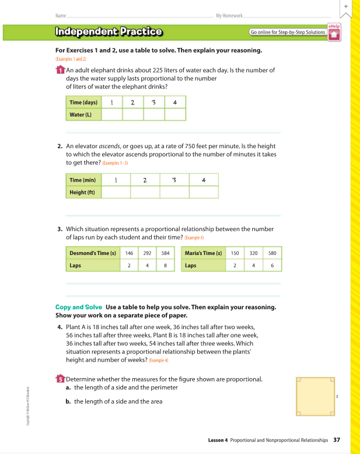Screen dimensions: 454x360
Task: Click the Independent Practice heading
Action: coord(109,32)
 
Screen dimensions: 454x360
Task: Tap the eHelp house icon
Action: coord(334,34)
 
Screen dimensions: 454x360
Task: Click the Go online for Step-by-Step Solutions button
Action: coord(287,32)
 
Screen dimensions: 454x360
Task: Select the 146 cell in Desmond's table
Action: coord(129,253)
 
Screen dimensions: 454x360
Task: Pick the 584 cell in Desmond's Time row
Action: coord(165,253)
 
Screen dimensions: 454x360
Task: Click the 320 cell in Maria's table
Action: coord(253,253)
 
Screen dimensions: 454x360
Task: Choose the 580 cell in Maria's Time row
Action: coord(272,253)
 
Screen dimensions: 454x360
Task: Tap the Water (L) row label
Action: coord(81,114)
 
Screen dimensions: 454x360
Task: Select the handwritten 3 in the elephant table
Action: coord(153,103)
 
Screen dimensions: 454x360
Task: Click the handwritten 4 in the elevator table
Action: coord(203,180)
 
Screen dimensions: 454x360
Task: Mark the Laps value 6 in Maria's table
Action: coord(272,266)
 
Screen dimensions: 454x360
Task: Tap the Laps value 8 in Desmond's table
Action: coord(165,266)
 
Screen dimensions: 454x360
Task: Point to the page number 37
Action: coord(337,439)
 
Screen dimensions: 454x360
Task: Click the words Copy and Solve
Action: coord(79,307)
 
